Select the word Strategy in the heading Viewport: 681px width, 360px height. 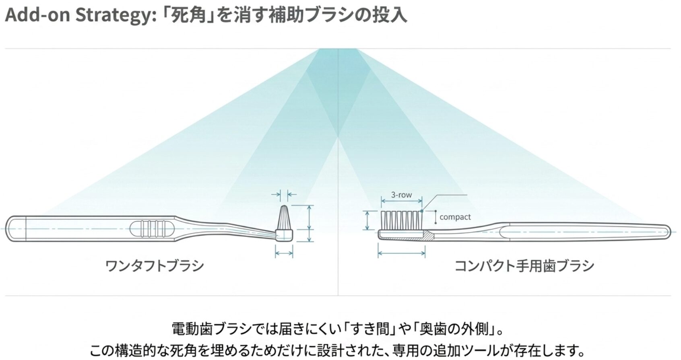tap(116, 16)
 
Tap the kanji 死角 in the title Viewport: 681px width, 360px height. tap(187, 15)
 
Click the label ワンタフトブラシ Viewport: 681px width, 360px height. tap(155, 265)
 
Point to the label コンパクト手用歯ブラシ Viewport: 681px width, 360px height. tap(524, 265)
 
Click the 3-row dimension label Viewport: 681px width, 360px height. tap(401, 195)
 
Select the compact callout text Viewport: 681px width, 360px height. tap(455, 217)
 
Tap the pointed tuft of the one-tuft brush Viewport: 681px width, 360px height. tap(284, 218)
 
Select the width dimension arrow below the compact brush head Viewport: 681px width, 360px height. tap(402, 253)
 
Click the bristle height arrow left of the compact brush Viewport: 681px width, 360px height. tap(367, 220)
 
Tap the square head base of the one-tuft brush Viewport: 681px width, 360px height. tap(284, 236)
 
